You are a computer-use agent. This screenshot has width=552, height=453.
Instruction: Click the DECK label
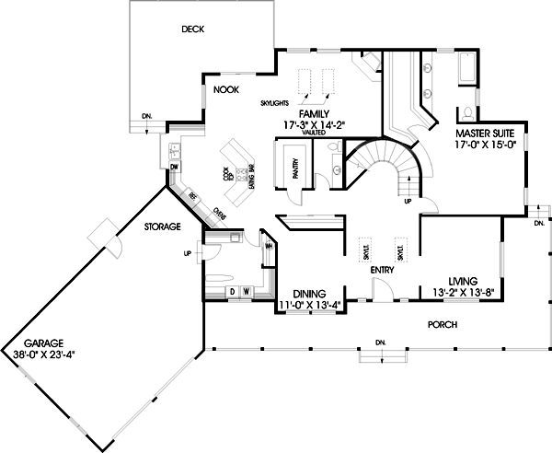click(192, 29)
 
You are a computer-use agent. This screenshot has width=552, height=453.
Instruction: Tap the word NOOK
click(226, 89)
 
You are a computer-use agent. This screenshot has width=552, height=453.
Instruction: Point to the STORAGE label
click(162, 226)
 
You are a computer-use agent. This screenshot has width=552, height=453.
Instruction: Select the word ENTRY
click(382, 271)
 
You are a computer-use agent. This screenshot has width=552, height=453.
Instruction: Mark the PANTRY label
click(295, 168)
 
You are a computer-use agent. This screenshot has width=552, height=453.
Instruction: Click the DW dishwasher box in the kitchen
click(174, 167)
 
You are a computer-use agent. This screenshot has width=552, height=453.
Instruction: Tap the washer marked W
click(246, 292)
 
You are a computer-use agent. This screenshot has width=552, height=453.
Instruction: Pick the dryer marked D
click(232, 292)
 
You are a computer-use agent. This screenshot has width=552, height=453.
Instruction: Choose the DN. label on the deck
click(147, 116)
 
